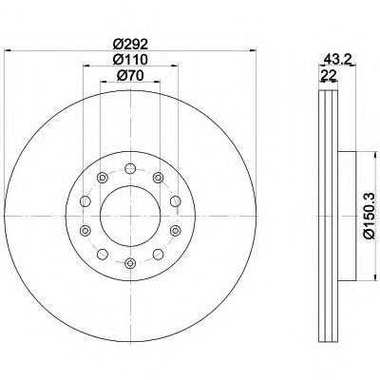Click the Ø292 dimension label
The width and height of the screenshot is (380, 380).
[130, 44]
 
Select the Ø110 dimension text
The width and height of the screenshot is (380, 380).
[130, 59]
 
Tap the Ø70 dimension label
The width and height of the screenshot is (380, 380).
[130, 75]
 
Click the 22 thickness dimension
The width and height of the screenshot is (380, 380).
[328, 75]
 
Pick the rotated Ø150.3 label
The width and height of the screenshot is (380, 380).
[370, 216]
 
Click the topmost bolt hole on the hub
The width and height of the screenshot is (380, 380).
[130, 168]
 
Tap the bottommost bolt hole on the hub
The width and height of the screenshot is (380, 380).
[130, 263]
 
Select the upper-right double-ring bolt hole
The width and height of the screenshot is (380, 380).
[158, 178]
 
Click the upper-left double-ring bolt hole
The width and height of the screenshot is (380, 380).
[102, 178]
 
